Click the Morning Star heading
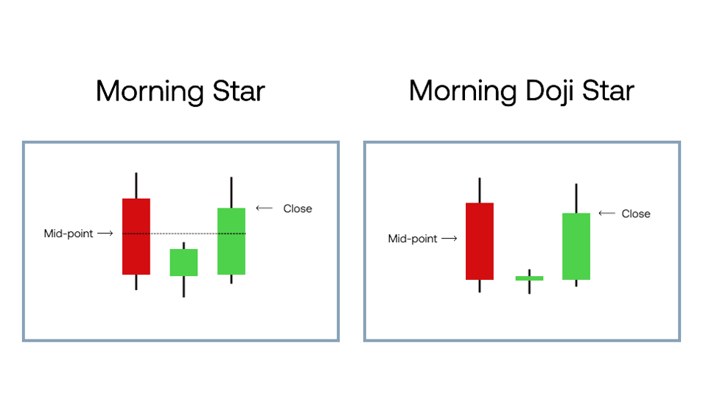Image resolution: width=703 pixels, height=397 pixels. point(181,91)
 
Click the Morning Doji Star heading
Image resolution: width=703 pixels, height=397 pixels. point(522,91)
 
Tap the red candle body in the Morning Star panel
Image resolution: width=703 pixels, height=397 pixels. point(136,236)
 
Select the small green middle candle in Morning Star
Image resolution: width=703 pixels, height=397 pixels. point(183,262)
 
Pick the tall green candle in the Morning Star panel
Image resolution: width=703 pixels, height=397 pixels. point(231,241)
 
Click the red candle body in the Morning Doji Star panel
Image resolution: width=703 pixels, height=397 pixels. point(480,241)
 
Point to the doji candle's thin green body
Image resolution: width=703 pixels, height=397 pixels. point(530,278)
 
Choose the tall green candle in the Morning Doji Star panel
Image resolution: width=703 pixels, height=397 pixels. point(576,247)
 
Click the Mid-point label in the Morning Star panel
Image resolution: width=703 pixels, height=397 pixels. point(68,233)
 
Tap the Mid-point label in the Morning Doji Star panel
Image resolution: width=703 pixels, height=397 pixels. point(413,239)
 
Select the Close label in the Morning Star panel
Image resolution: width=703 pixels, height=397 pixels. point(298,208)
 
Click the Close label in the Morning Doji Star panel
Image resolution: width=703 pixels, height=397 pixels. point(636,214)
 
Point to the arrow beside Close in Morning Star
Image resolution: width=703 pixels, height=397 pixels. point(264,208)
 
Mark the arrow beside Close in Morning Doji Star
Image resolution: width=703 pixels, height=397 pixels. point(607,214)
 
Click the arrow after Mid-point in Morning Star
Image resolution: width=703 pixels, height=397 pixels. point(105,233)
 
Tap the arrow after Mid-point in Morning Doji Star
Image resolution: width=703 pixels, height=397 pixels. point(450,239)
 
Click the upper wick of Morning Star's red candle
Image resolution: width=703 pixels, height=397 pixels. point(136,186)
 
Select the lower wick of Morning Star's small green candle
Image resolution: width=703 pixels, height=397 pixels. point(183,287)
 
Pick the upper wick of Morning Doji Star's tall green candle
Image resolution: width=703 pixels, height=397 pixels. point(576,199)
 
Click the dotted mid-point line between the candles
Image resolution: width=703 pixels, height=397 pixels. point(183,233)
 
